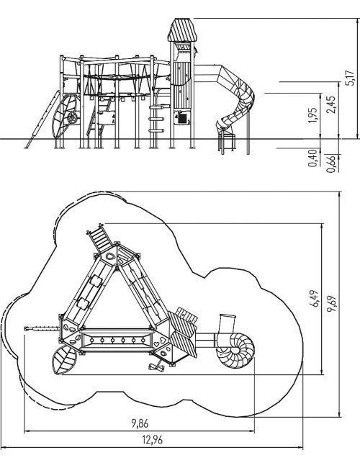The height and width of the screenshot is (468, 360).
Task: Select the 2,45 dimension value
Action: click(x=330, y=104)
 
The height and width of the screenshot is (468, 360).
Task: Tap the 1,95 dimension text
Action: click(x=312, y=115)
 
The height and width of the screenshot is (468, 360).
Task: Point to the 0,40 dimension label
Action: click(x=312, y=158)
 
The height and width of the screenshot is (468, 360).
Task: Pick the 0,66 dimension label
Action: click(x=330, y=164)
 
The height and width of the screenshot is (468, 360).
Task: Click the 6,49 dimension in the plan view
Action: click(x=314, y=299)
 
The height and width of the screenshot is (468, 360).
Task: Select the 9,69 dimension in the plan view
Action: click(x=331, y=304)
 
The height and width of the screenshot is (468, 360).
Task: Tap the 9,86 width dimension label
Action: click(x=140, y=423)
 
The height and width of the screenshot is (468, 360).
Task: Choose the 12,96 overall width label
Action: click(x=152, y=440)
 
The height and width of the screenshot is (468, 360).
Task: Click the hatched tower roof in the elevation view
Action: click(x=182, y=30)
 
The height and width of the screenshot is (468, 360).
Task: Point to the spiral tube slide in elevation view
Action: click(x=236, y=99)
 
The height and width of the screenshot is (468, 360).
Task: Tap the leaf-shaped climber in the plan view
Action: click(x=64, y=360)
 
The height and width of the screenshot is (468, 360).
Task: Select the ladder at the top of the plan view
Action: click(x=99, y=238)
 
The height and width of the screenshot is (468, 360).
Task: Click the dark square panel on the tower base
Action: click(x=182, y=119)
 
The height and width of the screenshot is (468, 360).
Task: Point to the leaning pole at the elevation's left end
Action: click(x=42, y=119)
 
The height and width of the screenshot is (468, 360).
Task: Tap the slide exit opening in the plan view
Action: click(x=228, y=316)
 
